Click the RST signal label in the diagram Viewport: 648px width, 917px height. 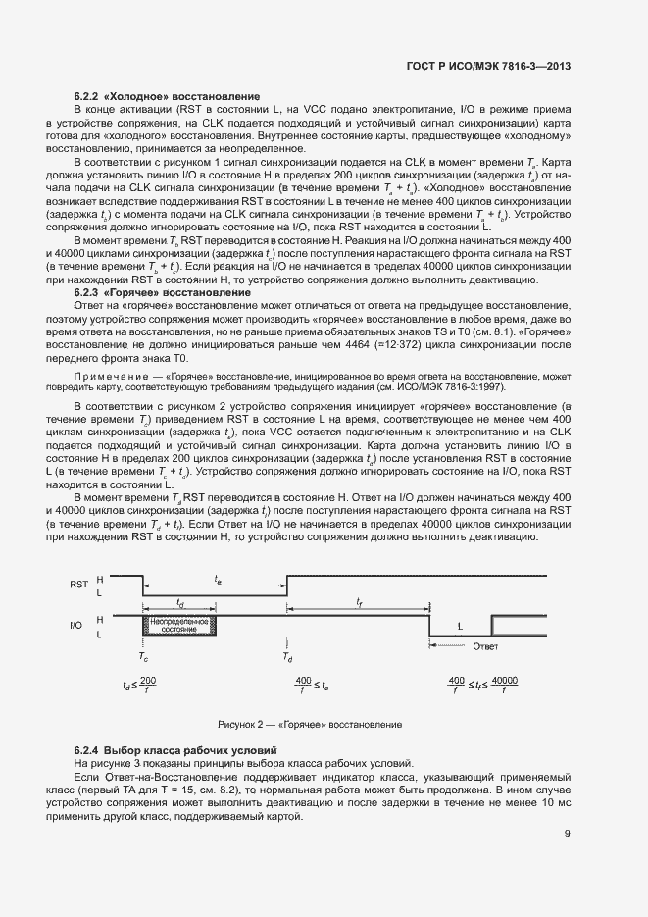(79, 584)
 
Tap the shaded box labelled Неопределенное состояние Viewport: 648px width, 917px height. (180, 625)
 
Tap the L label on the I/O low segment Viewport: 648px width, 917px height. (460, 626)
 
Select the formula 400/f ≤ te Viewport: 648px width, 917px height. (313, 684)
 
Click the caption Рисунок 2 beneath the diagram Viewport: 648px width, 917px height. (310, 724)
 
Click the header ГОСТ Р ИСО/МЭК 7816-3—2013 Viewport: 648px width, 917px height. (488, 67)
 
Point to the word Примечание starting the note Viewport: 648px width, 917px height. (102, 377)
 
